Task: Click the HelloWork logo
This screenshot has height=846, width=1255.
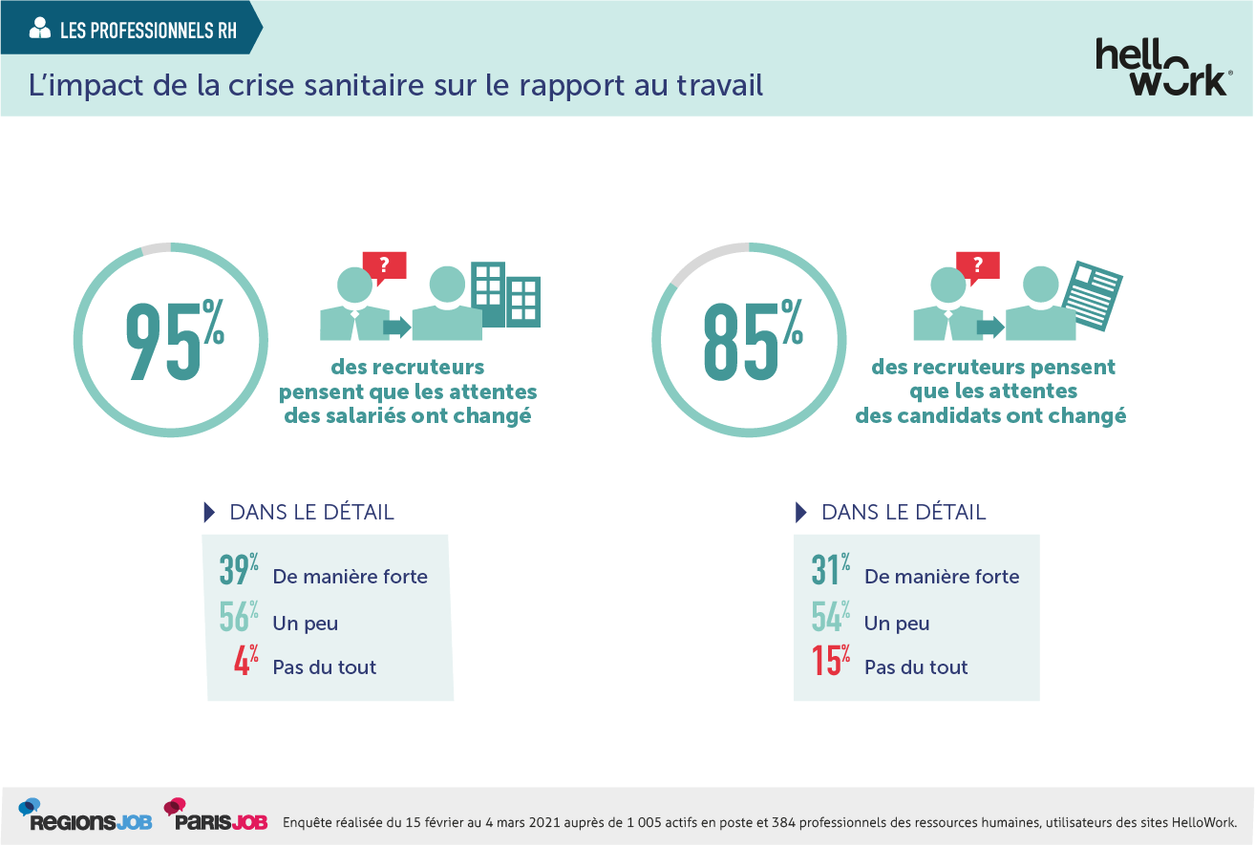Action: (x=1161, y=67)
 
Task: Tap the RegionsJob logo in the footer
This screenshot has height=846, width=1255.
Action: (x=85, y=815)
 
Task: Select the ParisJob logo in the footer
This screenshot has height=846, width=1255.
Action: (x=215, y=815)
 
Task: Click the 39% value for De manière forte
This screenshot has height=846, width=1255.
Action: (x=240, y=571)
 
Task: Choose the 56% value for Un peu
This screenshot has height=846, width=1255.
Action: (x=240, y=618)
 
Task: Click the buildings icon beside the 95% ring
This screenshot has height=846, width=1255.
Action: (x=507, y=294)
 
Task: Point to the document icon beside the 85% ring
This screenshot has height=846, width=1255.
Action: (x=1095, y=295)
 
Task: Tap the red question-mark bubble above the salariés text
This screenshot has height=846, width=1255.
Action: (x=384, y=267)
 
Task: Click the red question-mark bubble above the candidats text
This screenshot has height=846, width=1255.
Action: (x=978, y=267)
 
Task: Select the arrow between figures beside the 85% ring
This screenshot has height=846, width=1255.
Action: (x=990, y=328)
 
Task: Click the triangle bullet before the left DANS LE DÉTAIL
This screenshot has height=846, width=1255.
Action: (x=209, y=512)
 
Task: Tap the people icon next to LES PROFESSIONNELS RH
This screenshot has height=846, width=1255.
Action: (x=40, y=30)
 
